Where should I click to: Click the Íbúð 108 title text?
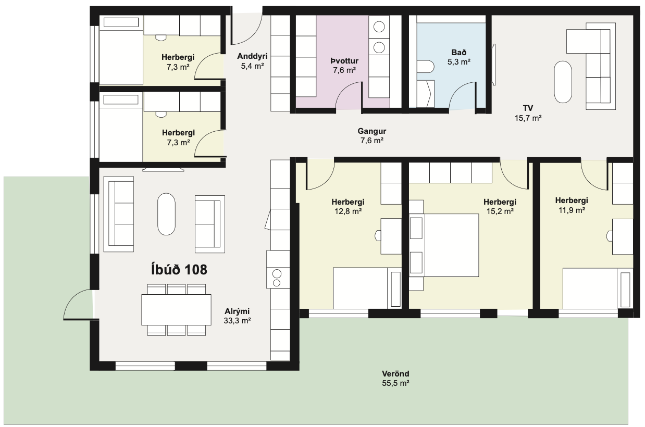point(179,270)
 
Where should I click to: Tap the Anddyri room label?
point(252,56)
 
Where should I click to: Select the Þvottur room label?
point(344,61)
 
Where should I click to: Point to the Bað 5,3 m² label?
point(459,57)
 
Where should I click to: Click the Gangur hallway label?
point(372,131)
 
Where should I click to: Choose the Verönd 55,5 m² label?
point(395,379)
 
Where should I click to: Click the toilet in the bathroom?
point(425,67)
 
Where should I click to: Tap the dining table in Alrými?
point(176,310)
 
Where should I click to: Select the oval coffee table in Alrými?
point(166,214)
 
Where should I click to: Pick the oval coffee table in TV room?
point(563,82)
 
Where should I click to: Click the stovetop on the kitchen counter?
point(277,278)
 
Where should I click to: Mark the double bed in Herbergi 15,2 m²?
point(444,245)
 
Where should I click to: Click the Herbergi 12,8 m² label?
point(348,207)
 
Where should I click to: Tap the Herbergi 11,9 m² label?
point(572,205)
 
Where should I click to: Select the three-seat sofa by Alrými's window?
point(119,214)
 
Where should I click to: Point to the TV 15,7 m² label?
point(528,113)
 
